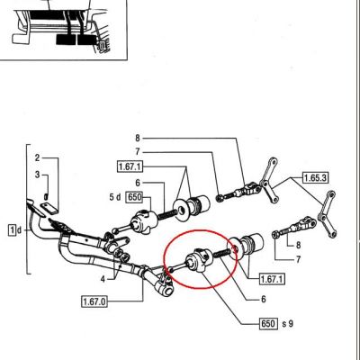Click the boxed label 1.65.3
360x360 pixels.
(x=315, y=178)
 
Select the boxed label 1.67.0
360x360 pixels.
(x=94, y=301)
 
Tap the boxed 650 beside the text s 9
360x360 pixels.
(x=267, y=323)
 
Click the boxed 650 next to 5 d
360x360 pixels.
(x=135, y=197)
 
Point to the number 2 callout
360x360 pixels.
(x=37, y=157)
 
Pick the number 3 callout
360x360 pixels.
(x=37, y=175)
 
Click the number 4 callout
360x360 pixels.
(x=103, y=279)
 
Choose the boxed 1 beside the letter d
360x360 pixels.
(x=13, y=230)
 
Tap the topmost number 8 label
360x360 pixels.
(x=138, y=139)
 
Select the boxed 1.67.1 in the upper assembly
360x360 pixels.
(x=130, y=166)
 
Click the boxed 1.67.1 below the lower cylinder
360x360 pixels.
(x=272, y=279)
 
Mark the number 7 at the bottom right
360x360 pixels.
(x=298, y=259)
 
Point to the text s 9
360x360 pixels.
(x=288, y=324)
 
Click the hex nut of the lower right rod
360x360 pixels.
(x=275, y=235)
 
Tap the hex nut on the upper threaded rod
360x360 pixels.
(x=220, y=198)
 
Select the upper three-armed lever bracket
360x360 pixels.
(x=268, y=182)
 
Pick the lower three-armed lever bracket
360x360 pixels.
(x=327, y=215)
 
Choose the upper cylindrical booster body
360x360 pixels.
(x=198, y=204)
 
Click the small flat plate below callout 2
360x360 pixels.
(x=49, y=208)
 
